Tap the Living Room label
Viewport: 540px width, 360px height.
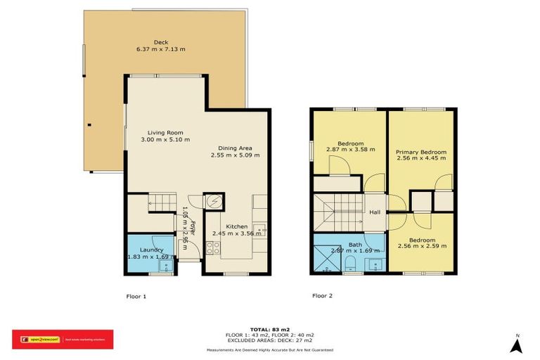tap(165, 132)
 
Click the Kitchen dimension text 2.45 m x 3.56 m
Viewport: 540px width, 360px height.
tap(236, 233)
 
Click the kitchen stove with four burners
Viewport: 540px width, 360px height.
tap(212, 247)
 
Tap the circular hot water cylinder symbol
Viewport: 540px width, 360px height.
tap(213, 202)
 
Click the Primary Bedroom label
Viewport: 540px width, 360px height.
tap(420, 152)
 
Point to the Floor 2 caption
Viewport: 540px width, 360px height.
tap(322, 296)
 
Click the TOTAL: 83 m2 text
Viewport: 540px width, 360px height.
tap(270, 328)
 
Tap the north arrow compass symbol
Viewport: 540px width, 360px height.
tap(517, 345)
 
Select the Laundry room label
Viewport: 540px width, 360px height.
tap(151, 250)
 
